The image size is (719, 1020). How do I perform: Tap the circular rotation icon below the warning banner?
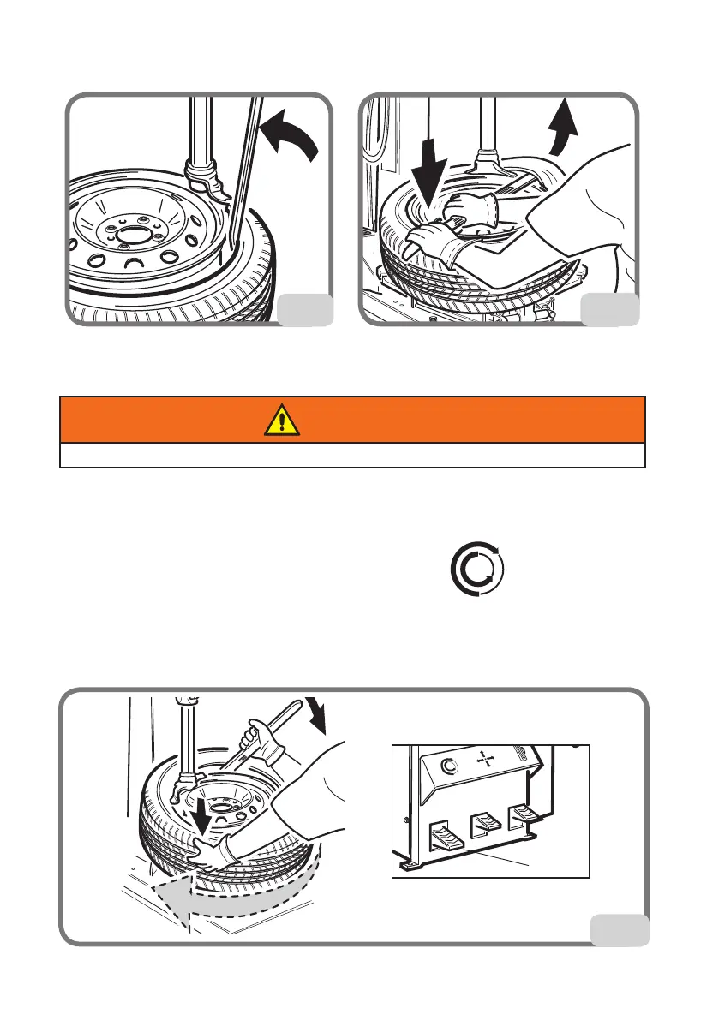[478, 569]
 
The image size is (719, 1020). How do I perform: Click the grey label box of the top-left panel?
[307, 309]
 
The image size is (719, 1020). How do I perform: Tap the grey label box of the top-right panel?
[609, 309]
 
